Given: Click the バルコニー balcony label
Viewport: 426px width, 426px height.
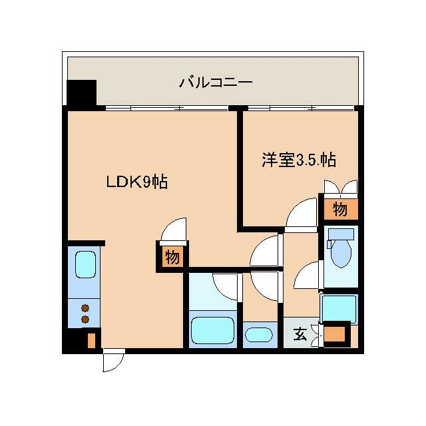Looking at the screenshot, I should (x=216, y=83).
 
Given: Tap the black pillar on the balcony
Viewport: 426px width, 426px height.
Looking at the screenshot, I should (x=82, y=93).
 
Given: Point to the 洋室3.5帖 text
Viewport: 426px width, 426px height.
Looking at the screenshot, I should (x=298, y=160).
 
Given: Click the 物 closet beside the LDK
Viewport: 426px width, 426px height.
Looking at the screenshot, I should (x=172, y=257).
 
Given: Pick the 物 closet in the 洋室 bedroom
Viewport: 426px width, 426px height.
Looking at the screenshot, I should (x=340, y=210).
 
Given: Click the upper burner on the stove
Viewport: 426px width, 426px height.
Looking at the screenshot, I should (x=85, y=308).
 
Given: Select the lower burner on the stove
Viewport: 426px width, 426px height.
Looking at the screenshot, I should (x=85, y=319).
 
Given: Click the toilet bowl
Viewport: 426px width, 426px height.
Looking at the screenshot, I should (x=340, y=254).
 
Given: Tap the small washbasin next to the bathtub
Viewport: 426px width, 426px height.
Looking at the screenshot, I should (x=258, y=334).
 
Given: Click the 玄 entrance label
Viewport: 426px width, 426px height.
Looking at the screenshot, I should (x=300, y=334).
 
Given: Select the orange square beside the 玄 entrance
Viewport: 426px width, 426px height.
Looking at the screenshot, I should (x=335, y=333).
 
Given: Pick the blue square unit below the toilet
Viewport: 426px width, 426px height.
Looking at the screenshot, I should (x=339, y=307).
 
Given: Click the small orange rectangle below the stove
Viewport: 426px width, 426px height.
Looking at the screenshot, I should (x=92, y=340).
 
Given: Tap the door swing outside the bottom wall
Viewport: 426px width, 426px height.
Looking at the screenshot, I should (x=112, y=362).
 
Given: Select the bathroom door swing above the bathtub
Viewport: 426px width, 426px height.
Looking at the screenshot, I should (x=226, y=285).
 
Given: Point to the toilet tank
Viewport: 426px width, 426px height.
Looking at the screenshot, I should (x=340, y=234).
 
